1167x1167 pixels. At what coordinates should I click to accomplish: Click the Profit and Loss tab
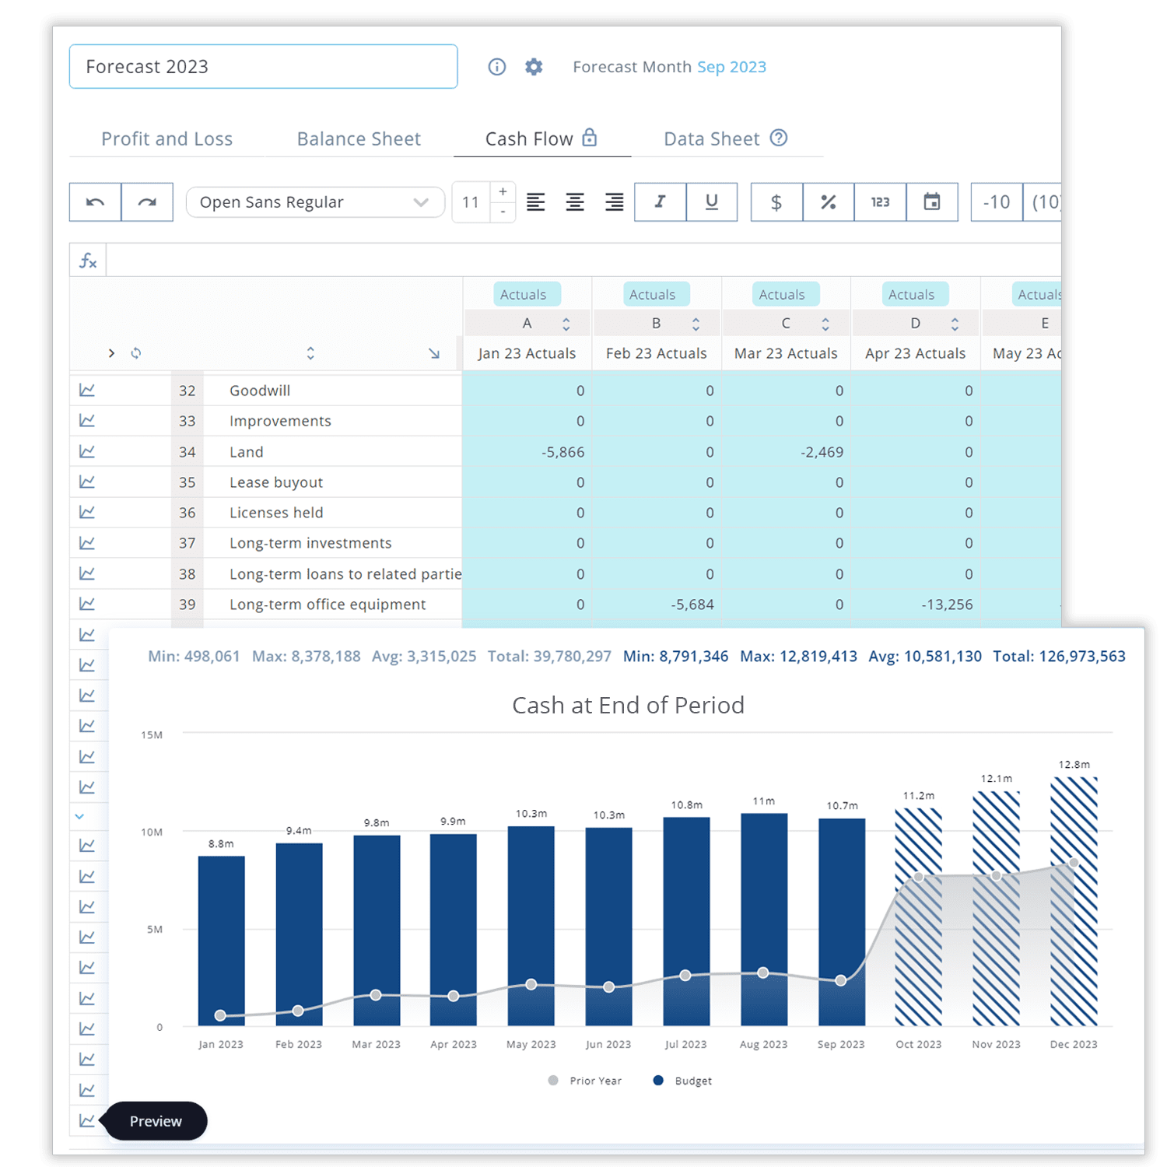click(166, 139)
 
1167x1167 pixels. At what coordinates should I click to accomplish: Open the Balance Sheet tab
click(359, 139)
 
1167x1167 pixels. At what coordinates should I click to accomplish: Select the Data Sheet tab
click(725, 138)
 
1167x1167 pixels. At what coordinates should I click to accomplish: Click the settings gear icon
click(534, 67)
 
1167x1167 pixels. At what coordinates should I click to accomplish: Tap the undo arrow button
click(95, 202)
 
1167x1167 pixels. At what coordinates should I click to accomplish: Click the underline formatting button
click(712, 202)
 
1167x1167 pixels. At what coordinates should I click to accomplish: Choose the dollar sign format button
click(776, 202)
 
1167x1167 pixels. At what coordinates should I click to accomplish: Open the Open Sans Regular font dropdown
click(315, 202)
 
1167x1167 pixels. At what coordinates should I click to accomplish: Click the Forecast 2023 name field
click(263, 67)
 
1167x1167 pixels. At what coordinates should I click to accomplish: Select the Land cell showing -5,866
click(527, 452)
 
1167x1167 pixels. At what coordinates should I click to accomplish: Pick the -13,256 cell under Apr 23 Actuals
click(916, 605)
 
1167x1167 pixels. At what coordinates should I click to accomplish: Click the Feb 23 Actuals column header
click(657, 353)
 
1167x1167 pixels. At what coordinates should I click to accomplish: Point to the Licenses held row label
click(276, 513)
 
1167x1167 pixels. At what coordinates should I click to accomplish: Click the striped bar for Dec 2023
click(1074, 901)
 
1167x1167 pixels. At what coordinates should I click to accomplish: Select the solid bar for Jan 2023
click(222, 941)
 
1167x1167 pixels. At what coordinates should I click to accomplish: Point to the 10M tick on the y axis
click(152, 832)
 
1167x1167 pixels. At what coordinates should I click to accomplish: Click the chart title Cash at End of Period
click(628, 705)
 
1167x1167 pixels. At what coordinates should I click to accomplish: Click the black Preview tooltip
click(156, 1121)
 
